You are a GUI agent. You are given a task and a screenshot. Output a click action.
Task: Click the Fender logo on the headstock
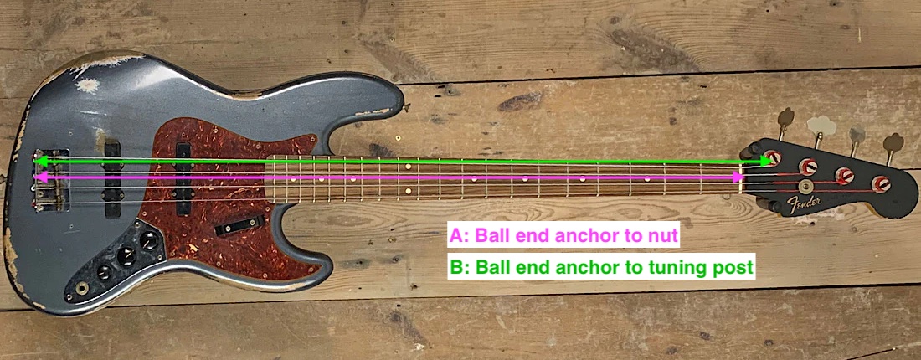click(804, 203)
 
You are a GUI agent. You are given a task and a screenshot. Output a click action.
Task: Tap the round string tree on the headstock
click(806, 187)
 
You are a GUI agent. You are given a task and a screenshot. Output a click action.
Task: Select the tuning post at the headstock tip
click(881, 183)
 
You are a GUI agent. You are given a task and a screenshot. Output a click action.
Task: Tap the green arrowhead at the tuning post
click(765, 159)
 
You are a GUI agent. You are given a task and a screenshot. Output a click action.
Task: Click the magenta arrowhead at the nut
click(737, 177)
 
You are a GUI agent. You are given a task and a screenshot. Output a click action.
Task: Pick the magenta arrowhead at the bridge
click(39, 177)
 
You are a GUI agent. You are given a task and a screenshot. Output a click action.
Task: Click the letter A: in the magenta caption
click(460, 237)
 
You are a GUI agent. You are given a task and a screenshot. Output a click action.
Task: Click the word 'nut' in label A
click(661, 237)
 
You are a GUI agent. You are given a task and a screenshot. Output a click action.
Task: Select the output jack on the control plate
click(82, 288)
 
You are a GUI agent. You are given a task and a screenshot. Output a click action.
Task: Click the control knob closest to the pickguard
click(149, 242)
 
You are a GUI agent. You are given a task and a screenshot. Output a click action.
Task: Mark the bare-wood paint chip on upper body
click(87, 85)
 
